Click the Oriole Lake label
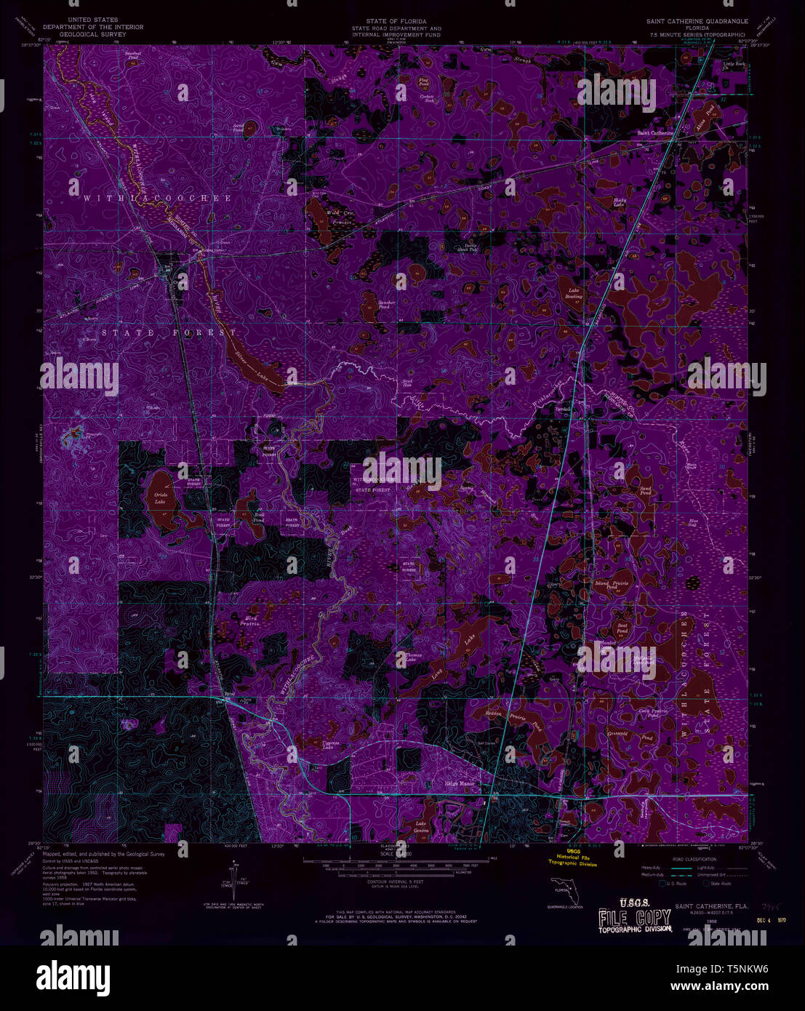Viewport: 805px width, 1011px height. coord(160,498)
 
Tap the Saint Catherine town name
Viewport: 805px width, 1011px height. coord(654,133)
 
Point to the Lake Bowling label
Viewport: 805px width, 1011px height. coord(574,293)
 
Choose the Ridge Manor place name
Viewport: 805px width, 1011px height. coord(459,784)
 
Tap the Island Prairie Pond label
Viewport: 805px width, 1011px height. coord(612,584)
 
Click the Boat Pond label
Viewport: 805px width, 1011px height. coord(622,628)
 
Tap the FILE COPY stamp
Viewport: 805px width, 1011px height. coord(630,918)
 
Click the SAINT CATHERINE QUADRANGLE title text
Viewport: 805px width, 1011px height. coord(697,22)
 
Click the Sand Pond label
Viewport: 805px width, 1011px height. coord(645,490)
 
